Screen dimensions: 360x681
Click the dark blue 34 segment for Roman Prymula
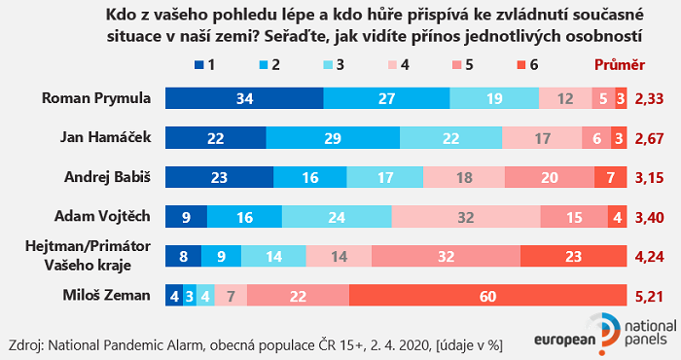[244, 98]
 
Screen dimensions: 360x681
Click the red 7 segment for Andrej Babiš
[610, 177]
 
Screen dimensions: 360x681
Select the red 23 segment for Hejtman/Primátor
[574, 256]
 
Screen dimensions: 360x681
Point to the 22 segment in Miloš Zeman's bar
[299, 296]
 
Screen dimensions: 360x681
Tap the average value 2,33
[649, 99]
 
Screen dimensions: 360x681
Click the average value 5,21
[649, 296]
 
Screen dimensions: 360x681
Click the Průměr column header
[619, 65]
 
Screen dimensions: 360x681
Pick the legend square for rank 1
[199, 65]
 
